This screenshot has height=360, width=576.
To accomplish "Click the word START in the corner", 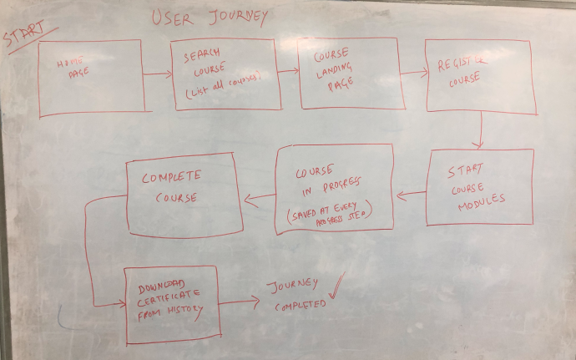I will [x=25, y=37].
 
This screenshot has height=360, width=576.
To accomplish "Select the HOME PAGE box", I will [x=91, y=77].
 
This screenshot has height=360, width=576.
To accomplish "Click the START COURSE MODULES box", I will [x=479, y=187].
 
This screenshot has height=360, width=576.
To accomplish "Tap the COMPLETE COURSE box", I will [x=184, y=194].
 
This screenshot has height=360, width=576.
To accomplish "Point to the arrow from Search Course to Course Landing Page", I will [x=290, y=74].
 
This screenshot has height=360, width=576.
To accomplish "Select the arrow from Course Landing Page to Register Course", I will [x=412, y=74].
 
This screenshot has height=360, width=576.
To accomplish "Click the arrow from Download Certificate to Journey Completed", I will [x=239, y=302].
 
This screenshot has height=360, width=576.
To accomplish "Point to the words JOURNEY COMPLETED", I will [x=296, y=295].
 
